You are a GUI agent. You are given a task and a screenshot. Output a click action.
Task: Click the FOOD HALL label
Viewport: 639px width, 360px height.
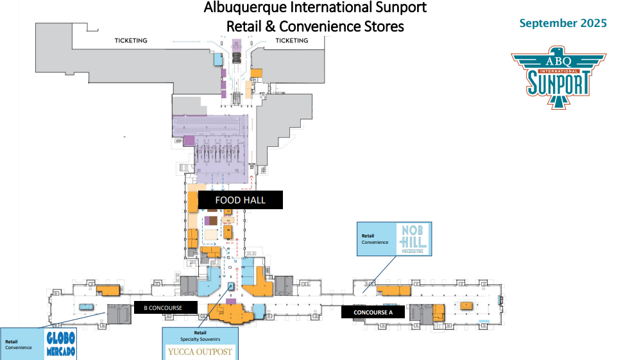[240, 200]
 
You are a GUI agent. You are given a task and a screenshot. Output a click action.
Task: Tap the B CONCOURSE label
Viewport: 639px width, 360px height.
[163, 308]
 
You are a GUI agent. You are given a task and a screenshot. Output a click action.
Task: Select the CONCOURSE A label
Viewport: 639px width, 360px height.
[373, 313]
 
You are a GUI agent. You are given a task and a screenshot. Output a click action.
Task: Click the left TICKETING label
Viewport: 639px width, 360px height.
[131, 40]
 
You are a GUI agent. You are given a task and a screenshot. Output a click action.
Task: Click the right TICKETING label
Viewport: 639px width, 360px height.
[292, 40]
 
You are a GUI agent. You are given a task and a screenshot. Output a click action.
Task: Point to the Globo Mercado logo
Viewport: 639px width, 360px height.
[61, 345]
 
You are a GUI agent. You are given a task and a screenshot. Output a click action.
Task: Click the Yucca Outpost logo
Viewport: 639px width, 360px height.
[200, 352]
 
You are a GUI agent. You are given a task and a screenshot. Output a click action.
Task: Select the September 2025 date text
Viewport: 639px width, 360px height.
[563, 24]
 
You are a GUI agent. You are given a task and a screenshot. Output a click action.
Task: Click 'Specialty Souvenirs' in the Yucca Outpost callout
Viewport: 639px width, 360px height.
[200, 339]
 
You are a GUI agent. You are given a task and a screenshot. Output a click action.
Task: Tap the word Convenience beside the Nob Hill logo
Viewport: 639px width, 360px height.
[375, 243]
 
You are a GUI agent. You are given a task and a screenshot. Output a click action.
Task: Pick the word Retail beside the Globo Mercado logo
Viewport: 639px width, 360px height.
[11, 341]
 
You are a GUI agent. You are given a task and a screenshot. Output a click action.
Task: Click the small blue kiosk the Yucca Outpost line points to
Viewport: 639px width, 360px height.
[231, 286]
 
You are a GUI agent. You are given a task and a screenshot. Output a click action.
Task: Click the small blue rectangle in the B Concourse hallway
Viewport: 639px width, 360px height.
[85, 307]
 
